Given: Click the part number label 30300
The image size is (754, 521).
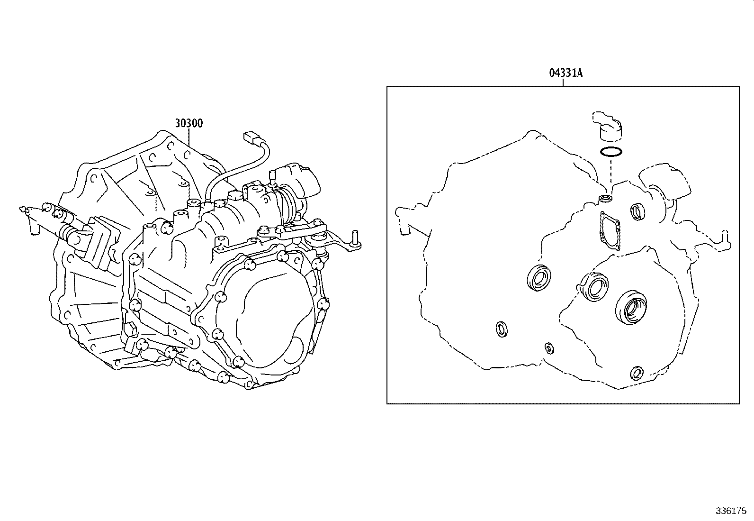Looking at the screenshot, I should coord(188,123).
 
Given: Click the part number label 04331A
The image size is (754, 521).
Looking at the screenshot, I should coord(565,73).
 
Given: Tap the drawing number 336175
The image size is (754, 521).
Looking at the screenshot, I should coord(731,512).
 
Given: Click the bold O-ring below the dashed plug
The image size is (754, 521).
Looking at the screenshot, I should coord(610,152).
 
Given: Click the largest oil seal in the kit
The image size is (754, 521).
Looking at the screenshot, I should coord(630,308).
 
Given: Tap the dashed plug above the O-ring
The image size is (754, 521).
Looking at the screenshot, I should coord(608,127).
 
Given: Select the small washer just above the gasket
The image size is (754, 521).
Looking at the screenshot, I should coord(605,198).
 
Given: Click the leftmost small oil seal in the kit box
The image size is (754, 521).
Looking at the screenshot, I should coord(501,329).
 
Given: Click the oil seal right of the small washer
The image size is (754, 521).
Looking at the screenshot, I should coord(637,211).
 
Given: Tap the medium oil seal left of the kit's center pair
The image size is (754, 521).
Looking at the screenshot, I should coord(539,277).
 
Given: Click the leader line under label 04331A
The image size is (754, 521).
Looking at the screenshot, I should coord(563,82).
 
